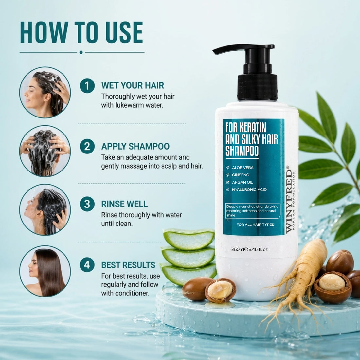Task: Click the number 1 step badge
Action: [x=87, y=86]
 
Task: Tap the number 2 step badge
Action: [x=87, y=146]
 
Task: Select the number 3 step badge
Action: [x=87, y=204]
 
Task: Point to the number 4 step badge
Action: [x=87, y=265]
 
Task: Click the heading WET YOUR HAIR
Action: [x=133, y=85]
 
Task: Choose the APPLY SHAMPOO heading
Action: [x=135, y=146]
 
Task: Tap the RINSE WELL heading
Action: [x=124, y=204]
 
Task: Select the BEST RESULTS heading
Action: [x=128, y=265]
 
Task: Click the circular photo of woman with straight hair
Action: [x=45, y=271]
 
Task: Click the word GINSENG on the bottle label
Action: [x=241, y=175]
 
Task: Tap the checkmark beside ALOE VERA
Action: [x=227, y=168]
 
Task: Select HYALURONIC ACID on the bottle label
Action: [x=249, y=189]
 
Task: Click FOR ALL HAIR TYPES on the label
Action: [x=255, y=225]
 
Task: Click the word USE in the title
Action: [x=124, y=32]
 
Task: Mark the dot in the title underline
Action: [x=81, y=52]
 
